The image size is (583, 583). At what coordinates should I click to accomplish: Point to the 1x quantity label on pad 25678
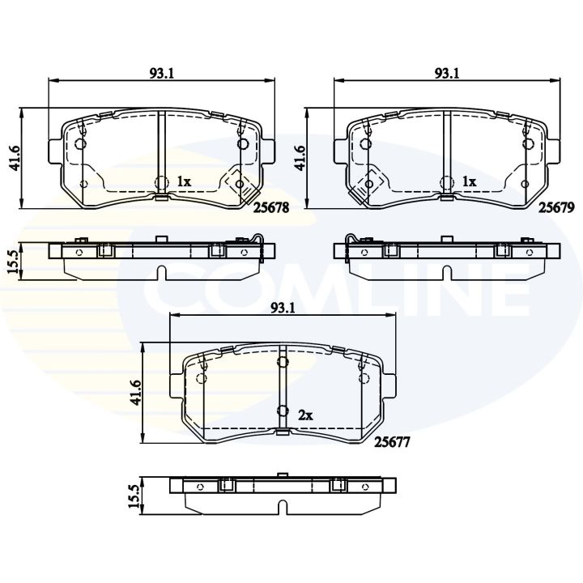point(183,182)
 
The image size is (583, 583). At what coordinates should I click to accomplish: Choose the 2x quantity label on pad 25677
point(305,415)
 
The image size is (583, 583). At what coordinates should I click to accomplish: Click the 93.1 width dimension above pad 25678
point(161,72)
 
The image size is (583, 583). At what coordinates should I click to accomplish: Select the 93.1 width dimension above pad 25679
point(446,72)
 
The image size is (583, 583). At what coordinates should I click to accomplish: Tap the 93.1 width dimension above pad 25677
point(281,308)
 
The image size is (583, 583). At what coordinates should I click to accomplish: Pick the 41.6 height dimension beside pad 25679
point(300,154)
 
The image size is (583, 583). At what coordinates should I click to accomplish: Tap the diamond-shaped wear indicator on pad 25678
point(236,183)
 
